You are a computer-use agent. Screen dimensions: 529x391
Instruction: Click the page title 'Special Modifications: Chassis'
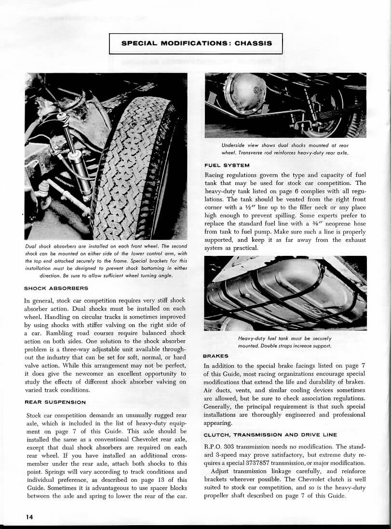[x=196, y=43]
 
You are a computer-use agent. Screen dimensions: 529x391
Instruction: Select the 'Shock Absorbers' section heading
[x=56, y=288]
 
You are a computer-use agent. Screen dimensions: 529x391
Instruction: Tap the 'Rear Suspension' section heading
[x=55, y=402]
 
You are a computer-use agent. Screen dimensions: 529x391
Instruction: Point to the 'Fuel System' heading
[x=227, y=165]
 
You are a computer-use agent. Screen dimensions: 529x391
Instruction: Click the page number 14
[x=29, y=516]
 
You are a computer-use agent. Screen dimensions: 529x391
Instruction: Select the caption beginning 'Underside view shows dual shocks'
[x=284, y=149]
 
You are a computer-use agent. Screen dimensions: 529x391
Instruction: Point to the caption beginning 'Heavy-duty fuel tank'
[x=284, y=342]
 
